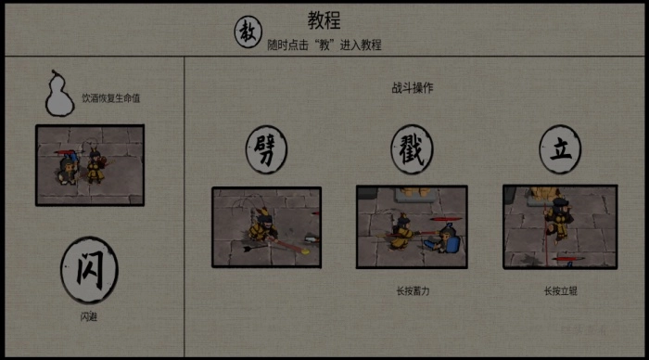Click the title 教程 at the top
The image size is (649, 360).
point(324,21)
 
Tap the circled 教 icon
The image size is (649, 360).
point(247,33)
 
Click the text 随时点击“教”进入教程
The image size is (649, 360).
point(324,45)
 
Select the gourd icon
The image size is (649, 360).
point(58,96)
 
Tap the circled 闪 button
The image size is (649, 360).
point(89,270)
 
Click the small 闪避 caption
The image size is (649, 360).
point(89,317)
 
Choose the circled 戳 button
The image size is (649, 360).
point(412,151)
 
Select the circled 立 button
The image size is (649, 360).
point(560,151)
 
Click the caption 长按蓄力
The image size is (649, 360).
point(413,290)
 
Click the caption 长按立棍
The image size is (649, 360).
point(560,290)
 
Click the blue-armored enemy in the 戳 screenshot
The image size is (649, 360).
point(449,241)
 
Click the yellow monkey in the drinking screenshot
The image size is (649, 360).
point(95,168)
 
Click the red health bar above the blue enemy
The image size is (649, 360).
point(448,219)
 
